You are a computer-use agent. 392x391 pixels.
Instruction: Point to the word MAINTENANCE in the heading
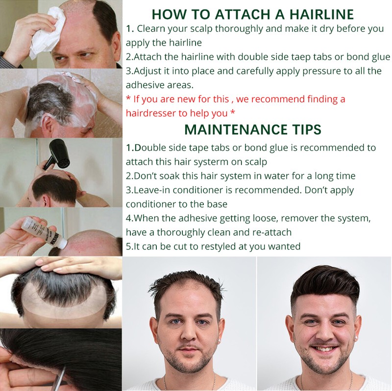click(x=236, y=129)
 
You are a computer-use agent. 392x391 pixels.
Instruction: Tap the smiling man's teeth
click(x=324, y=349)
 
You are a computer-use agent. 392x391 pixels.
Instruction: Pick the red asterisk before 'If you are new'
click(x=128, y=98)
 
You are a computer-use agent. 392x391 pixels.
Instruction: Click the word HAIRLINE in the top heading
click(x=321, y=14)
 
